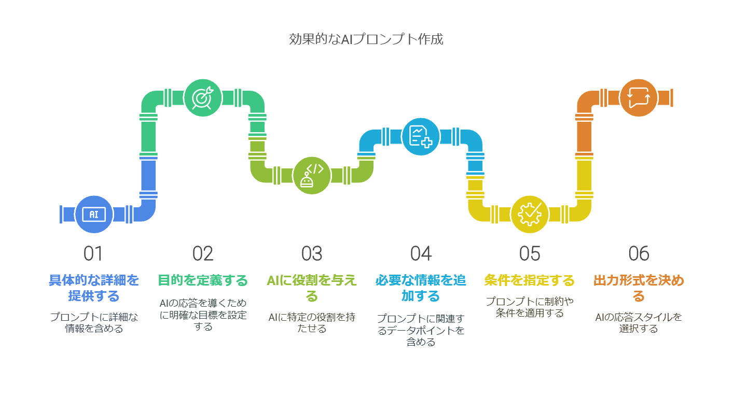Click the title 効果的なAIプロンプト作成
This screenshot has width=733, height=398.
tap(366, 39)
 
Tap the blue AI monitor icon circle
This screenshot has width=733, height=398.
tap(94, 214)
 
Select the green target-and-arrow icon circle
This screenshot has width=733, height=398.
tap(203, 98)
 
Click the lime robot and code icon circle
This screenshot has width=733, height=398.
tap(312, 176)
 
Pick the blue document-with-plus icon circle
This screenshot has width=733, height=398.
tap(421, 137)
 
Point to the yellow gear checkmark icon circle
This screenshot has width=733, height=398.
tap(530, 214)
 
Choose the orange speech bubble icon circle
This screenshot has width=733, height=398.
tap(639, 98)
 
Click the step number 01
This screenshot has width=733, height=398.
tap(93, 253)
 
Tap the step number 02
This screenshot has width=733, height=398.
tap(203, 253)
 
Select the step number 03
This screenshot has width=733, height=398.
tap(312, 253)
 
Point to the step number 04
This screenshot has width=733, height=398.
tap(421, 253)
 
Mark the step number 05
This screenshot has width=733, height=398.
tap(530, 253)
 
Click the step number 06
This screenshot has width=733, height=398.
tap(639, 253)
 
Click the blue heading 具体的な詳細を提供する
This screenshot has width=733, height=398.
tap(94, 288)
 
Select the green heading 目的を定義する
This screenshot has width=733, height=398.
tap(203, 280)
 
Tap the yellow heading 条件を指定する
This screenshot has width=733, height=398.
tap(530, 280)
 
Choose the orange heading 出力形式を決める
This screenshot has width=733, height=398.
tap(639, 288)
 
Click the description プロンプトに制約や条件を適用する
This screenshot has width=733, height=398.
tap(530, 307)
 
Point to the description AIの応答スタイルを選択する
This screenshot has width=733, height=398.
tap(639, 323)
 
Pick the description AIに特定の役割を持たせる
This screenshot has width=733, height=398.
tap(312, 323)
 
